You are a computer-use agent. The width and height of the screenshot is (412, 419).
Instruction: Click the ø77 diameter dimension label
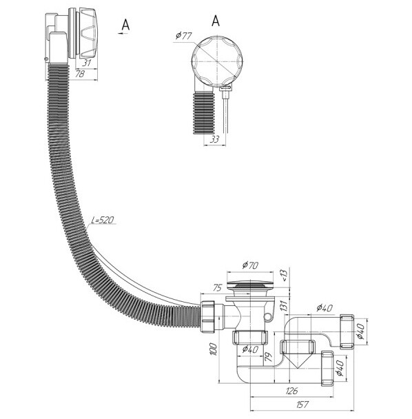pos(183,36)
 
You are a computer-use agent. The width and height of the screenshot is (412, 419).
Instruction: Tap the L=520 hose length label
pos(103,220)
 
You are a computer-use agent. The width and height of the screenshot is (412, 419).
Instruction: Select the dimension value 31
pos(87,63)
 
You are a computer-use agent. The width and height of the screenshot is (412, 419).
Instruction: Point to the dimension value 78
pos(80,74)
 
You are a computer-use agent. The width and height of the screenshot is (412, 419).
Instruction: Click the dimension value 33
pos(214,139)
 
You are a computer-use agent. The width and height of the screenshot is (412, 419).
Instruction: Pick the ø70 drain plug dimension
pos(250,265)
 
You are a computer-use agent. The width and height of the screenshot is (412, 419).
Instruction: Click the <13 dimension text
pos(284,275)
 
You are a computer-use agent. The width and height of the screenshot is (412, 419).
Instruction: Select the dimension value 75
pos(217,287)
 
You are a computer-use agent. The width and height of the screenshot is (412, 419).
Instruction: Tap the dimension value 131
pos(285,305)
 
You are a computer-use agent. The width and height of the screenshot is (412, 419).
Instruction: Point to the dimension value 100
pos(214,349)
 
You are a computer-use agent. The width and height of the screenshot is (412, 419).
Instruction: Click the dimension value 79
pos(269,357)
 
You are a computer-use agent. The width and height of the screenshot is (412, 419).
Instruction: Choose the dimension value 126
pos(291,391)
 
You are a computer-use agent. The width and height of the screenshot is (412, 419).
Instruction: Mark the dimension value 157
pos(302,405)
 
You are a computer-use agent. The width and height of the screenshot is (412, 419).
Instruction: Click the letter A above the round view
pos(216,21)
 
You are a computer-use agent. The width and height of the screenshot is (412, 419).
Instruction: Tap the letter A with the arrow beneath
pos(125,25)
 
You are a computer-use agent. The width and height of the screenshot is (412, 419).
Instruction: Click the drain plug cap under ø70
pos(250,284)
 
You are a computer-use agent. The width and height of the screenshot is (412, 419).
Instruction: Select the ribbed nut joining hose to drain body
pos(207,316)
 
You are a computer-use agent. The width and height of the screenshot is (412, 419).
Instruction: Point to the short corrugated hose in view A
pos(203,112)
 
